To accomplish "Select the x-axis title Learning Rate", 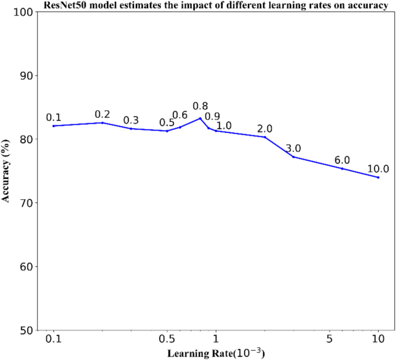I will click(216, 352).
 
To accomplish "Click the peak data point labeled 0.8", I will click(200, 118).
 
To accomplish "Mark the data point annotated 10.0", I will click(378, 177).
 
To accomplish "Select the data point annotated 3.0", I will click(293, 157).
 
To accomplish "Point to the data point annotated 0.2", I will click(102, 123).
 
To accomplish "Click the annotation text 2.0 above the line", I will click(265, 128).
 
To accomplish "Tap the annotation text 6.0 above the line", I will click(342, 160).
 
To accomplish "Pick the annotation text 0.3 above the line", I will click(131, 120).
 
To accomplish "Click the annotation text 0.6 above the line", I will click(180, 115).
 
